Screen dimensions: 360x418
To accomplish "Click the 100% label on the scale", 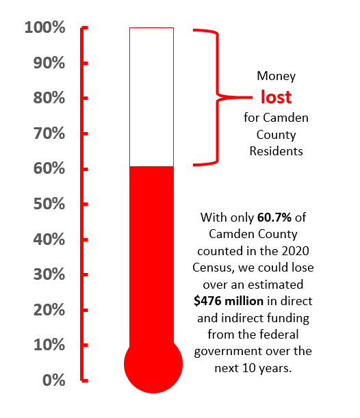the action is (x=44, y=27).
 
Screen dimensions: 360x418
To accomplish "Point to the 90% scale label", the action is (x=49, y=63).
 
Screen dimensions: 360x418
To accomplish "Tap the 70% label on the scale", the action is (x=49, y=133).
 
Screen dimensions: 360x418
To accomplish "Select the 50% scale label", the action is (x=49, y=204).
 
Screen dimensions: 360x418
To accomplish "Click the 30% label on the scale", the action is (x=49, y=274).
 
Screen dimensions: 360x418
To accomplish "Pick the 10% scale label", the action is (x=49, y=345).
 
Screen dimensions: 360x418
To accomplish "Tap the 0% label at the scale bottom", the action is (x=54, y=380).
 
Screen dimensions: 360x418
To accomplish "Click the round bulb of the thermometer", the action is (x=153, y=364).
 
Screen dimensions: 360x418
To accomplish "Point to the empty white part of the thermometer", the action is (x=151, y=96).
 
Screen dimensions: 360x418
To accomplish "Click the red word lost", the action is (x=277, y=96).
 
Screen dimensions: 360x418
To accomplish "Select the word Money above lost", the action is (x=277, y=76).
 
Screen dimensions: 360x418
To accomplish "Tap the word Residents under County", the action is (x=277, y=151).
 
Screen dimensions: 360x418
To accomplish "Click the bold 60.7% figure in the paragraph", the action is (x=274, y=218).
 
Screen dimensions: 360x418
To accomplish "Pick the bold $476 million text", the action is (x=229, y=301).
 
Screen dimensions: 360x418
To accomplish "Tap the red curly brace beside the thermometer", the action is (x=218, y=98).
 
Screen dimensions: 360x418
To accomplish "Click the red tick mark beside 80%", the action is (x=84, y=99).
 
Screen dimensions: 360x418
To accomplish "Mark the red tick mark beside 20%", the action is (x=84, y=310).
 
